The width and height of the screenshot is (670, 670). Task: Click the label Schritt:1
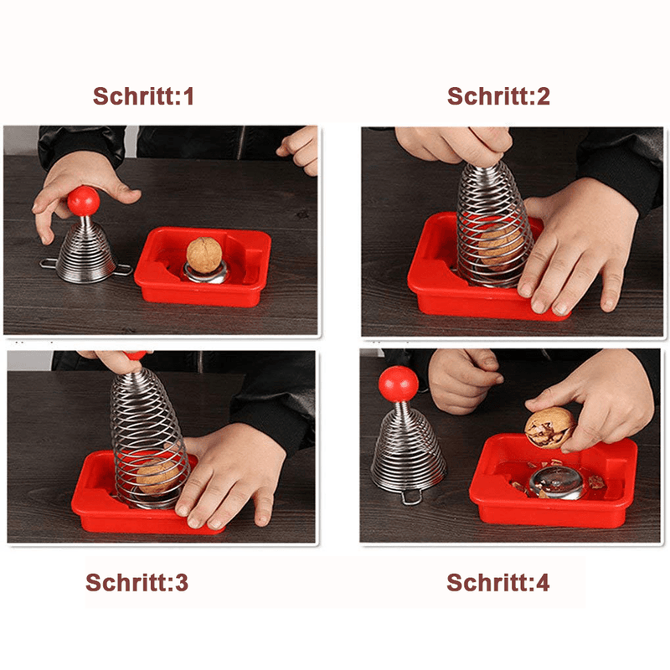(143, 96)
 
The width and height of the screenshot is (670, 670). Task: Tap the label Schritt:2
(498, 96)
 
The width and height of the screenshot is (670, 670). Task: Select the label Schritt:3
(137, 583)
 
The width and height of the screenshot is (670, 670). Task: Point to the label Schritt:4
(498, 583)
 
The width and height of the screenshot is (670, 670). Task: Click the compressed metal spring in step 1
(85, 251)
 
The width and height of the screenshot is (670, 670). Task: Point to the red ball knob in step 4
(398, 384)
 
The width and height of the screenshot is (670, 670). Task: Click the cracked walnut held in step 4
(549, 427)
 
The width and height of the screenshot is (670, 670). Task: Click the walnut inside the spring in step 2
(498, 243)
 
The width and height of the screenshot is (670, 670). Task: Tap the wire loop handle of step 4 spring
(410, 497)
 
